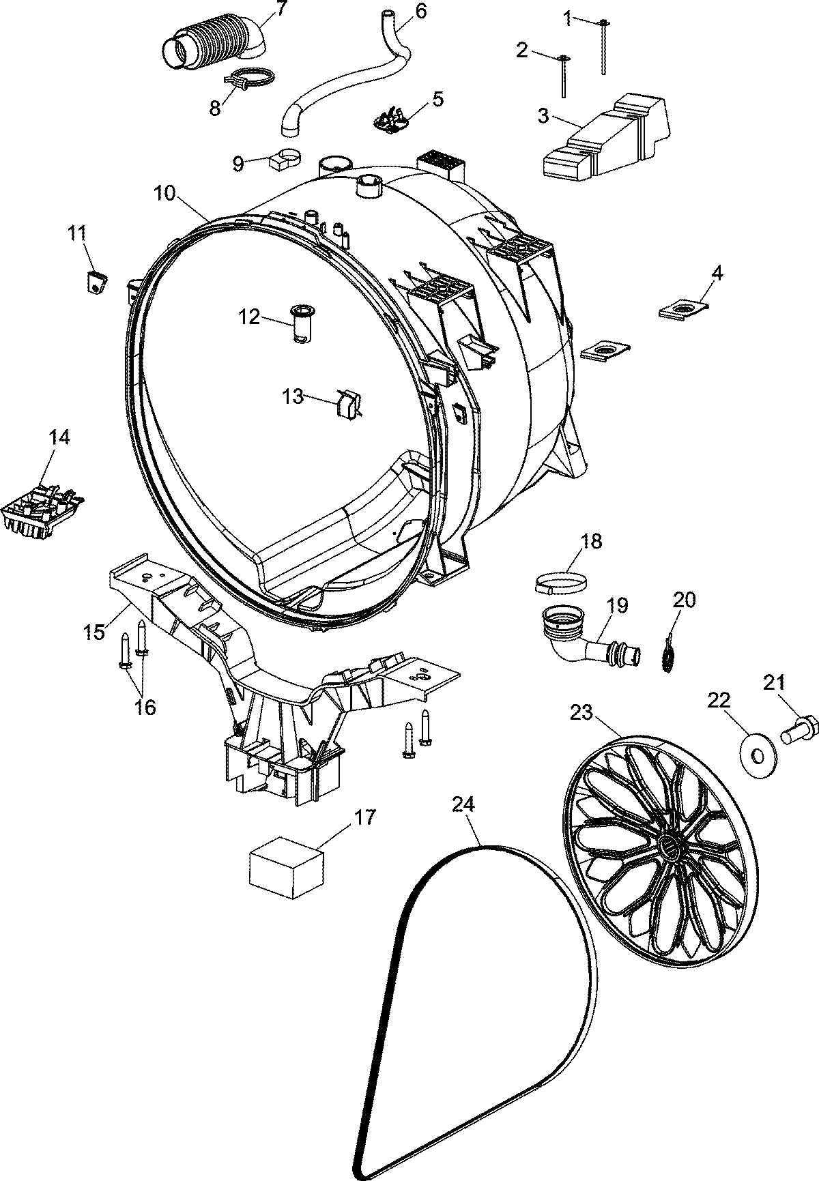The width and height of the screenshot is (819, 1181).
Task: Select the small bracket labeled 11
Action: [x=97, y=280]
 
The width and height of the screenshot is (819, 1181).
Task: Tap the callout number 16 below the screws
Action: [x=144, y=707]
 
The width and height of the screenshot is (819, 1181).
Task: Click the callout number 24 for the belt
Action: [x=462, y=806]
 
